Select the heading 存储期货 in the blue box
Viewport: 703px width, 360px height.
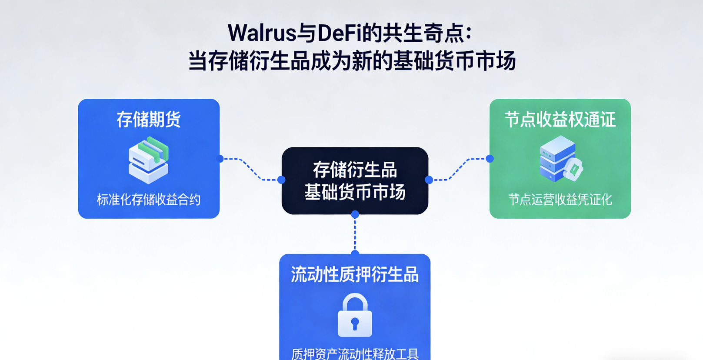[149, 120]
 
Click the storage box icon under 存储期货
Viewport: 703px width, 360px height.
[149, 160]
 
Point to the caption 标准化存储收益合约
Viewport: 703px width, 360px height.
[149, 200]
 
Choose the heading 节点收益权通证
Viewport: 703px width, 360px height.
[560, 120]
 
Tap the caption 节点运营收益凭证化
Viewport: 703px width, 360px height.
[560, 200]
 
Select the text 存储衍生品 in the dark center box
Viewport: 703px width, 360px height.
[355, 170]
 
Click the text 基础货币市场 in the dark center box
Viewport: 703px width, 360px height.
[355, 192]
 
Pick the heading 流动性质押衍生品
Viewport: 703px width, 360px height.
[355, 275]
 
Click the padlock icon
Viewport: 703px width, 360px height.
[355, 316]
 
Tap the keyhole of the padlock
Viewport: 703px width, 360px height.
[355, 323]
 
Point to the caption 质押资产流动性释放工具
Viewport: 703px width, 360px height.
[355, 354]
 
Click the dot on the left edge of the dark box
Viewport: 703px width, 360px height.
[281, 180]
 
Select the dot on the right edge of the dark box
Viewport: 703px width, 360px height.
[429, 180]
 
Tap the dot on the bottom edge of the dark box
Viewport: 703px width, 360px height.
[355, 214]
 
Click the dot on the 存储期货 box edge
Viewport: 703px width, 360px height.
[220, 159]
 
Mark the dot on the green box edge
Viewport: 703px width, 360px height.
[490, 159]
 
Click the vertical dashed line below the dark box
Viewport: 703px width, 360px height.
[355, 234]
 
